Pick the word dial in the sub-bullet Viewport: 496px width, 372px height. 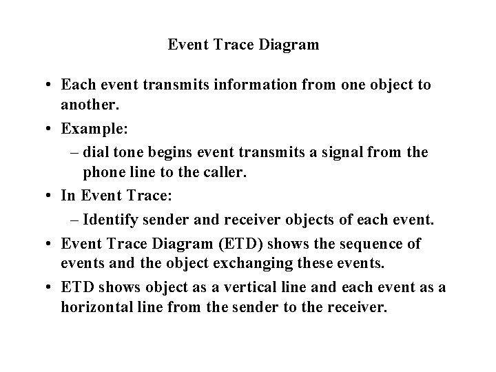pos(95,152)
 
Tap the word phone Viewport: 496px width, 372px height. pos(103,171)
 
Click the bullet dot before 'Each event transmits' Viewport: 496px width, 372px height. pos(52,86)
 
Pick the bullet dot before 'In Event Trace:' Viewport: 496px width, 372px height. pos(52,196)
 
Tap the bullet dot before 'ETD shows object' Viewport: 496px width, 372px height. pos(52,287)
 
